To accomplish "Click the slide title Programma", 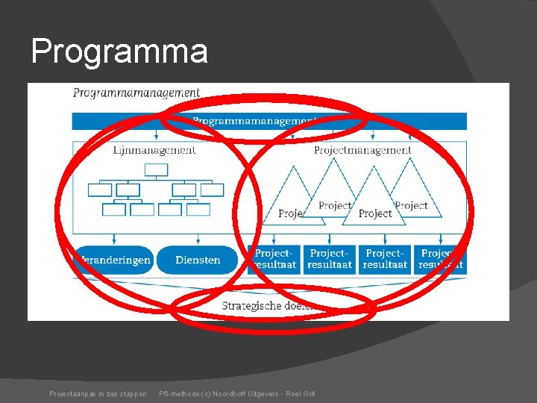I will coord(119,51).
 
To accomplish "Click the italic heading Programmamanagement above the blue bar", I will coord(136,93).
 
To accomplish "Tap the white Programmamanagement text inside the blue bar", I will coord(254,120).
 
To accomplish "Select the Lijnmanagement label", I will coord(154,150).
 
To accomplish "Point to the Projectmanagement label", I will coord(362,150).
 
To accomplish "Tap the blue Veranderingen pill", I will coord(114,260).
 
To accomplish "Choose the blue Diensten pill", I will coord(198,260).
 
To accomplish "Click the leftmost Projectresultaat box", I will coord(274,259).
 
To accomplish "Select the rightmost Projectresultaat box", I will coord(441,259).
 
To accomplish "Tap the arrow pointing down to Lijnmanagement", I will coord(156,136).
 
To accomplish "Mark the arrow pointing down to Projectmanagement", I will coord(362,136).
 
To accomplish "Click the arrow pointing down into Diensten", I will coord(198,240).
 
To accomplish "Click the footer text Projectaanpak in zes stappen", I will coord(98,393).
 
